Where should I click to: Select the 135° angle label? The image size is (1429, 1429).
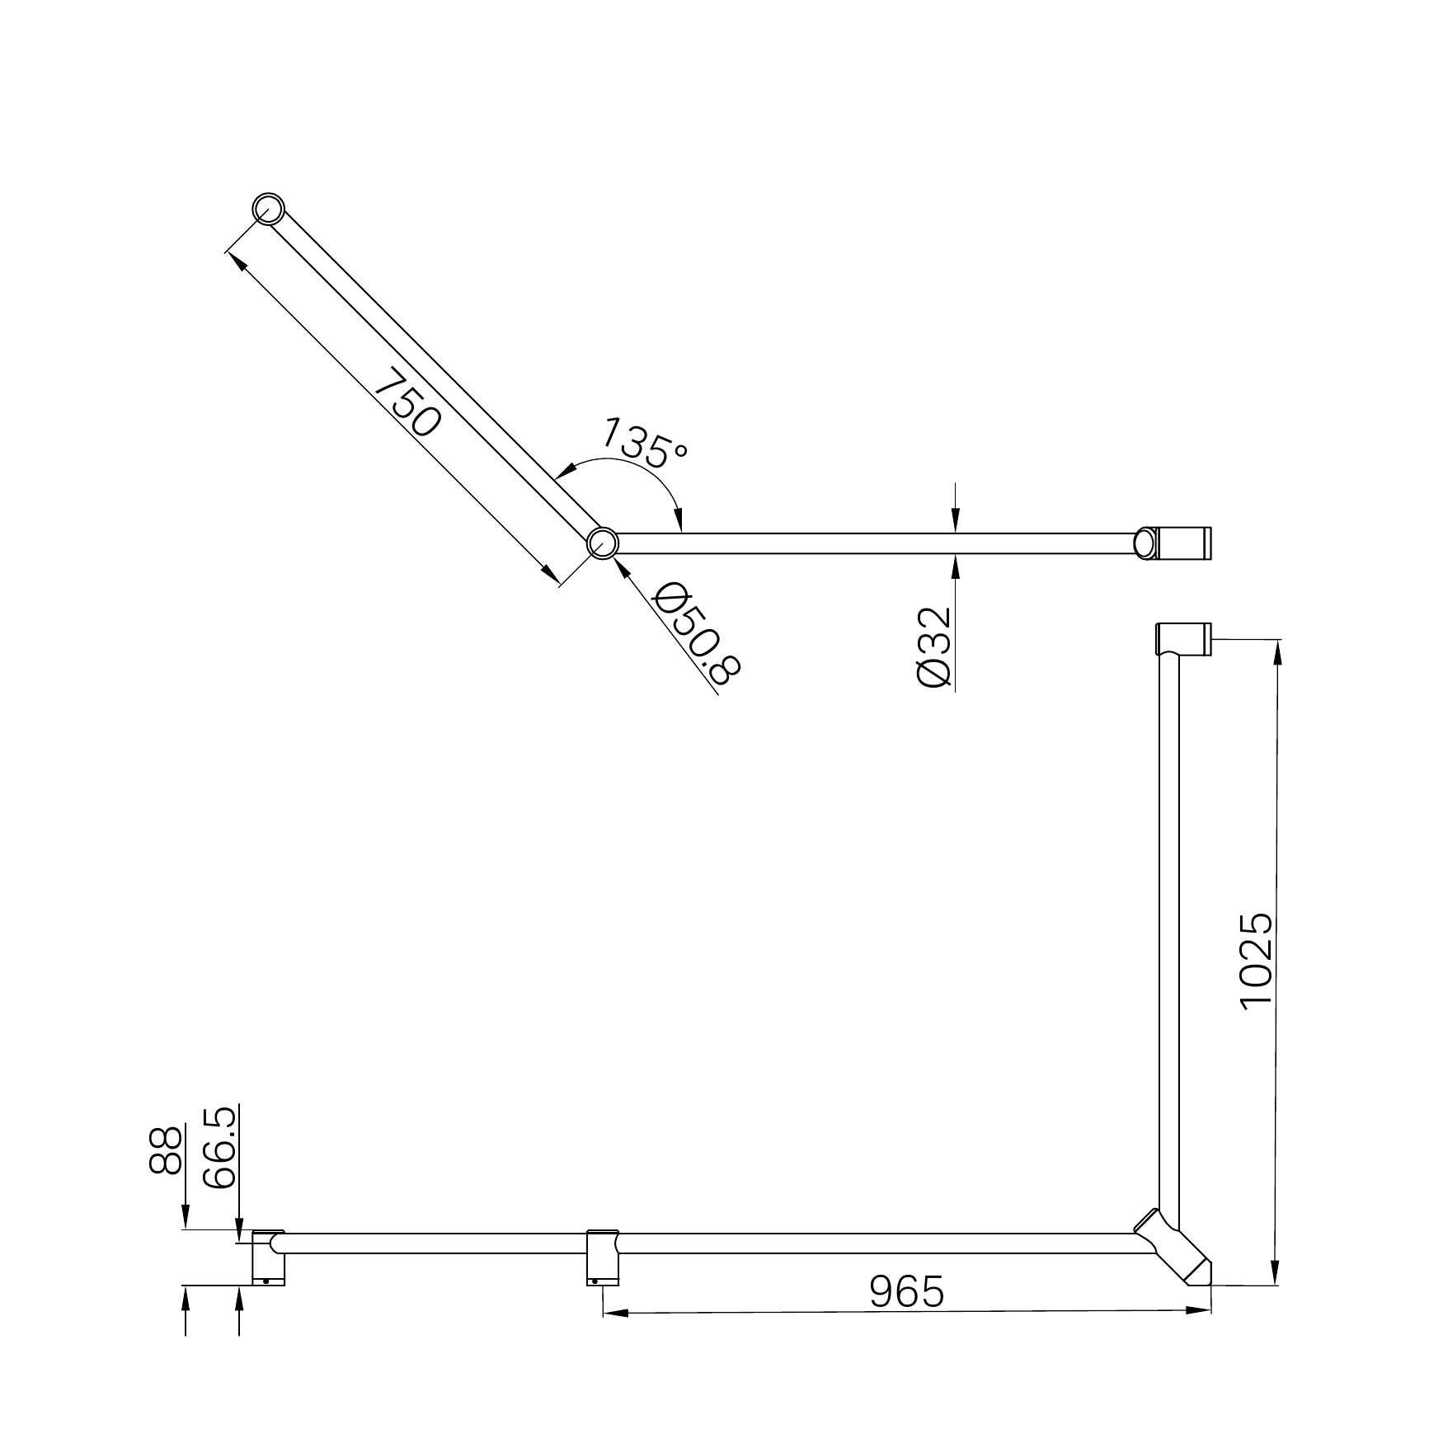(x=645, y=443)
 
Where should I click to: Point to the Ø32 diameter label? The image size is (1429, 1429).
(x=933, y=647)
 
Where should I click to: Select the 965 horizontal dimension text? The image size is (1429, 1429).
(x=906, y=1291)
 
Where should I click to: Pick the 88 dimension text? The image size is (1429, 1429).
(x=166, y=1150)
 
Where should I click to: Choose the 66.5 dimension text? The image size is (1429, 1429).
(x=219, y=1147)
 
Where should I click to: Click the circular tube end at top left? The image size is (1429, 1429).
(x=268, y=209)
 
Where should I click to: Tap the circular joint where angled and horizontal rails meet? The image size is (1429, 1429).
(x=603, y=543)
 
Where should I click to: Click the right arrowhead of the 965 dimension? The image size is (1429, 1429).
(x=1200, y=1310)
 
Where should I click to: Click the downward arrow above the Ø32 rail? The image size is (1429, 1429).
(x=954, y=520)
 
